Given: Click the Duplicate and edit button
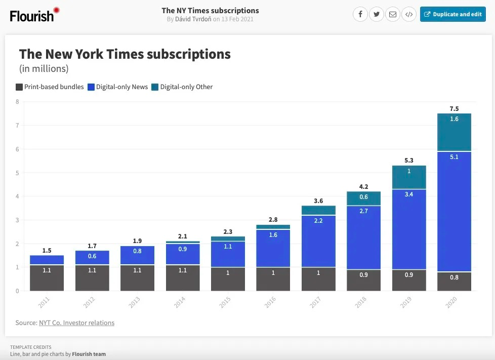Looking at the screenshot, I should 452,14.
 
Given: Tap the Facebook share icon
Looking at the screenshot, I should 360,14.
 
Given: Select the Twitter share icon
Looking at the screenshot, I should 376,14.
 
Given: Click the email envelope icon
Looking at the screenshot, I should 392,14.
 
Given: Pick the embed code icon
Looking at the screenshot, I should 409,14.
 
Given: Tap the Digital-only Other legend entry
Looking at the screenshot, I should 182,87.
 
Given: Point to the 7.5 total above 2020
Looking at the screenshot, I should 454,109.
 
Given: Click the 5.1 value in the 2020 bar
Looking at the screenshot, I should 454,157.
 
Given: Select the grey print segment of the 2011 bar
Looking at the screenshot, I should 47,277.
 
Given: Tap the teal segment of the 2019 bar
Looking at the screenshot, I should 409,177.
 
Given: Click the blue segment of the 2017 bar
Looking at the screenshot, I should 318,241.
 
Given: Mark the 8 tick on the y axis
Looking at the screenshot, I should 17,101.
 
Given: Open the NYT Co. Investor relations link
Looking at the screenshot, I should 76,323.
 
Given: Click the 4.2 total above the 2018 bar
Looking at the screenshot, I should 363,186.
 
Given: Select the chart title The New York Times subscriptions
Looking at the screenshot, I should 125,54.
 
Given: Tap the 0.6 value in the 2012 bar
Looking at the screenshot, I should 92,256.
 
